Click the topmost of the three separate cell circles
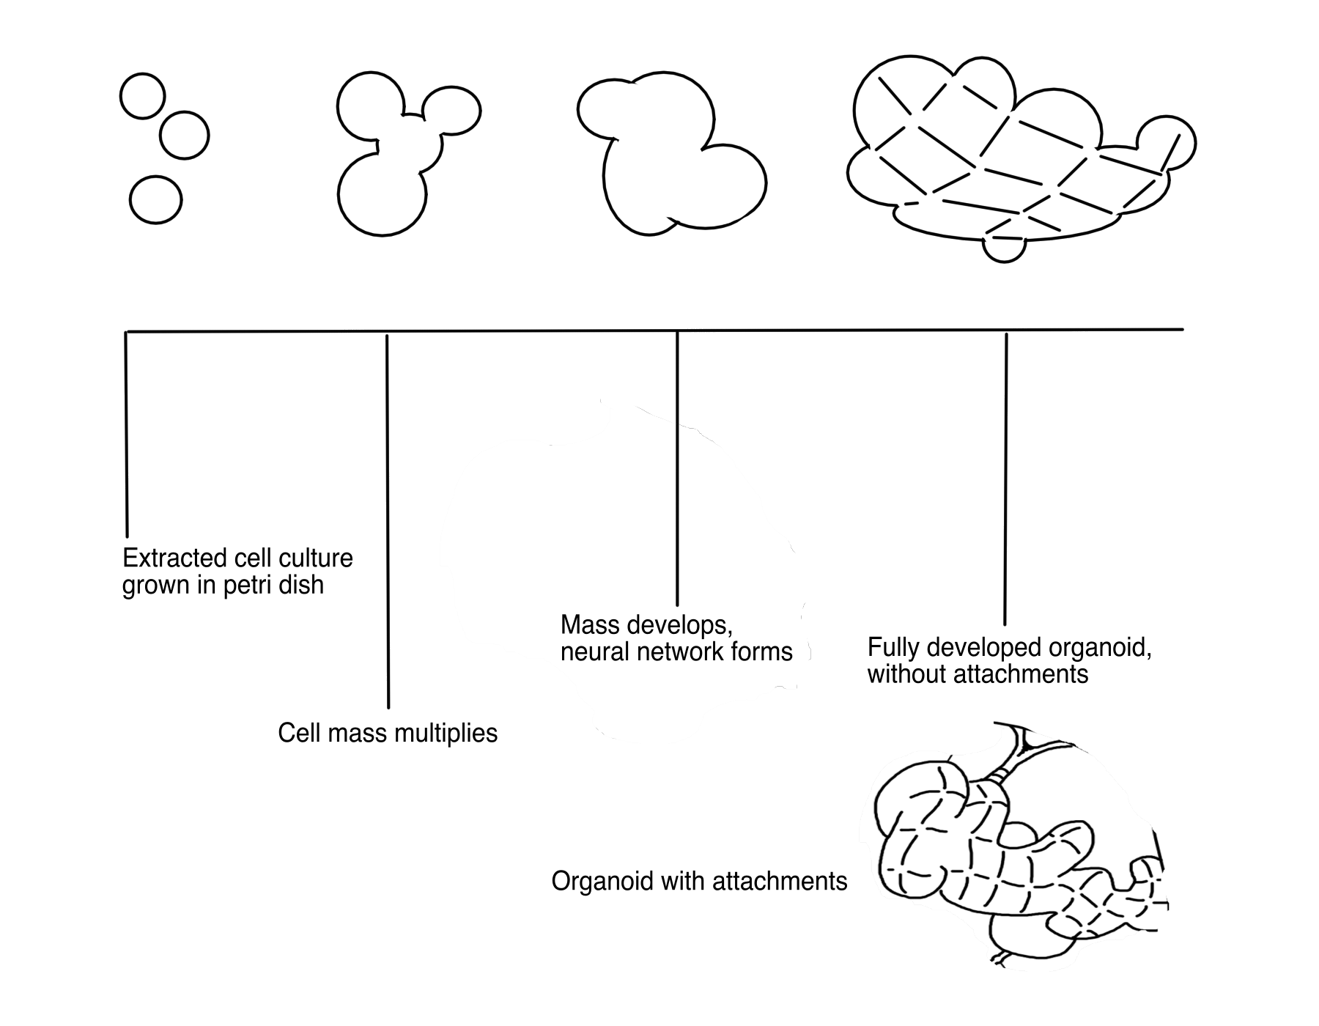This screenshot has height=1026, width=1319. pos(143,96)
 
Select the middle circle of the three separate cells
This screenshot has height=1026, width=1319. pos(184,135)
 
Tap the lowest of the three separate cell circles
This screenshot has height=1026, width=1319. pos(155,199)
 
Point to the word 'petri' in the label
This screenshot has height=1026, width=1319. pos(251,586)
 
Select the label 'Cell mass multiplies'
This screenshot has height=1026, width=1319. pos(388,733)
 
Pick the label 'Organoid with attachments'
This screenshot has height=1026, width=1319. pos(699,880)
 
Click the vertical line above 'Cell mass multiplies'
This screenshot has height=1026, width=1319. pos(388,520)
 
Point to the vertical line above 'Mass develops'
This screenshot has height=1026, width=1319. pos(677,469)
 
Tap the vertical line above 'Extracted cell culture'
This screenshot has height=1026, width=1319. pos(126,432)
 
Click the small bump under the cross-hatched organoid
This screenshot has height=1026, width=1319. pos(1004,249)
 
